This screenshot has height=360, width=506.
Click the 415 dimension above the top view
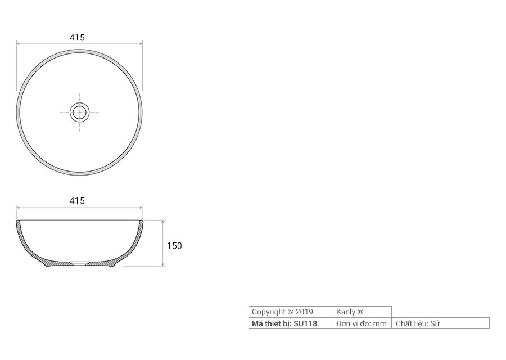(77, 38)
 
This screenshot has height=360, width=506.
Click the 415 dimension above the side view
(77, 201)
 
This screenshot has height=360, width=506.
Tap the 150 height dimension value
(174, 246)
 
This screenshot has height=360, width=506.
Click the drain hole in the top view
(79, 112)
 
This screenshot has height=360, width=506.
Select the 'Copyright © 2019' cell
(290, 312)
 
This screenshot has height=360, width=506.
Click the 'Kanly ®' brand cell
(362, 312)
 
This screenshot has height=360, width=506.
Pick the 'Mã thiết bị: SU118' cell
(290, 323)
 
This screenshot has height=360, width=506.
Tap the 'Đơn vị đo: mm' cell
(362, 323)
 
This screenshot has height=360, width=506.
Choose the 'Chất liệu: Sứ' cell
(440, 323)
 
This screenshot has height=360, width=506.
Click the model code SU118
(305, 323)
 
